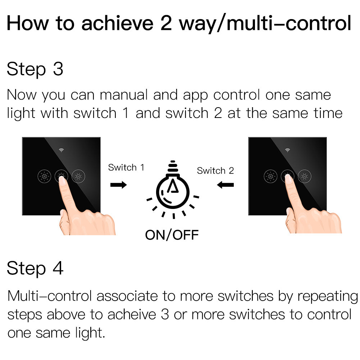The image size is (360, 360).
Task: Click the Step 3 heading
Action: [35, 69]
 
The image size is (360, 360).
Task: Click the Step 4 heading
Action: [35, 268]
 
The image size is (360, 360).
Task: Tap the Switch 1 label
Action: [126, 167]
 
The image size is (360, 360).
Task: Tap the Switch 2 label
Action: [215, 170]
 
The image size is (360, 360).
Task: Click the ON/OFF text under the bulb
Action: [172, 235]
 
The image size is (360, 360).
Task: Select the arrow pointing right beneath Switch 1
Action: [118, 184]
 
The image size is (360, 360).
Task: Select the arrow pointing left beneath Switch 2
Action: [225, 184]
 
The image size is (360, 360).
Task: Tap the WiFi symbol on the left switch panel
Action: [61, 150]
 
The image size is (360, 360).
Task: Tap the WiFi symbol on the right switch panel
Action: [287, 150]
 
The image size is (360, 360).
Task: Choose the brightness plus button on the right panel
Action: [270, 176]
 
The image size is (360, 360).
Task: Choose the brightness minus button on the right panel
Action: [305, 176]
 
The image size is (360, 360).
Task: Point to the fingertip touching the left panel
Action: [62, 180]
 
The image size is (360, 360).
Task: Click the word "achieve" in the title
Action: [117, 23]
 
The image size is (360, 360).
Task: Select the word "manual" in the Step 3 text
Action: [124, 95]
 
